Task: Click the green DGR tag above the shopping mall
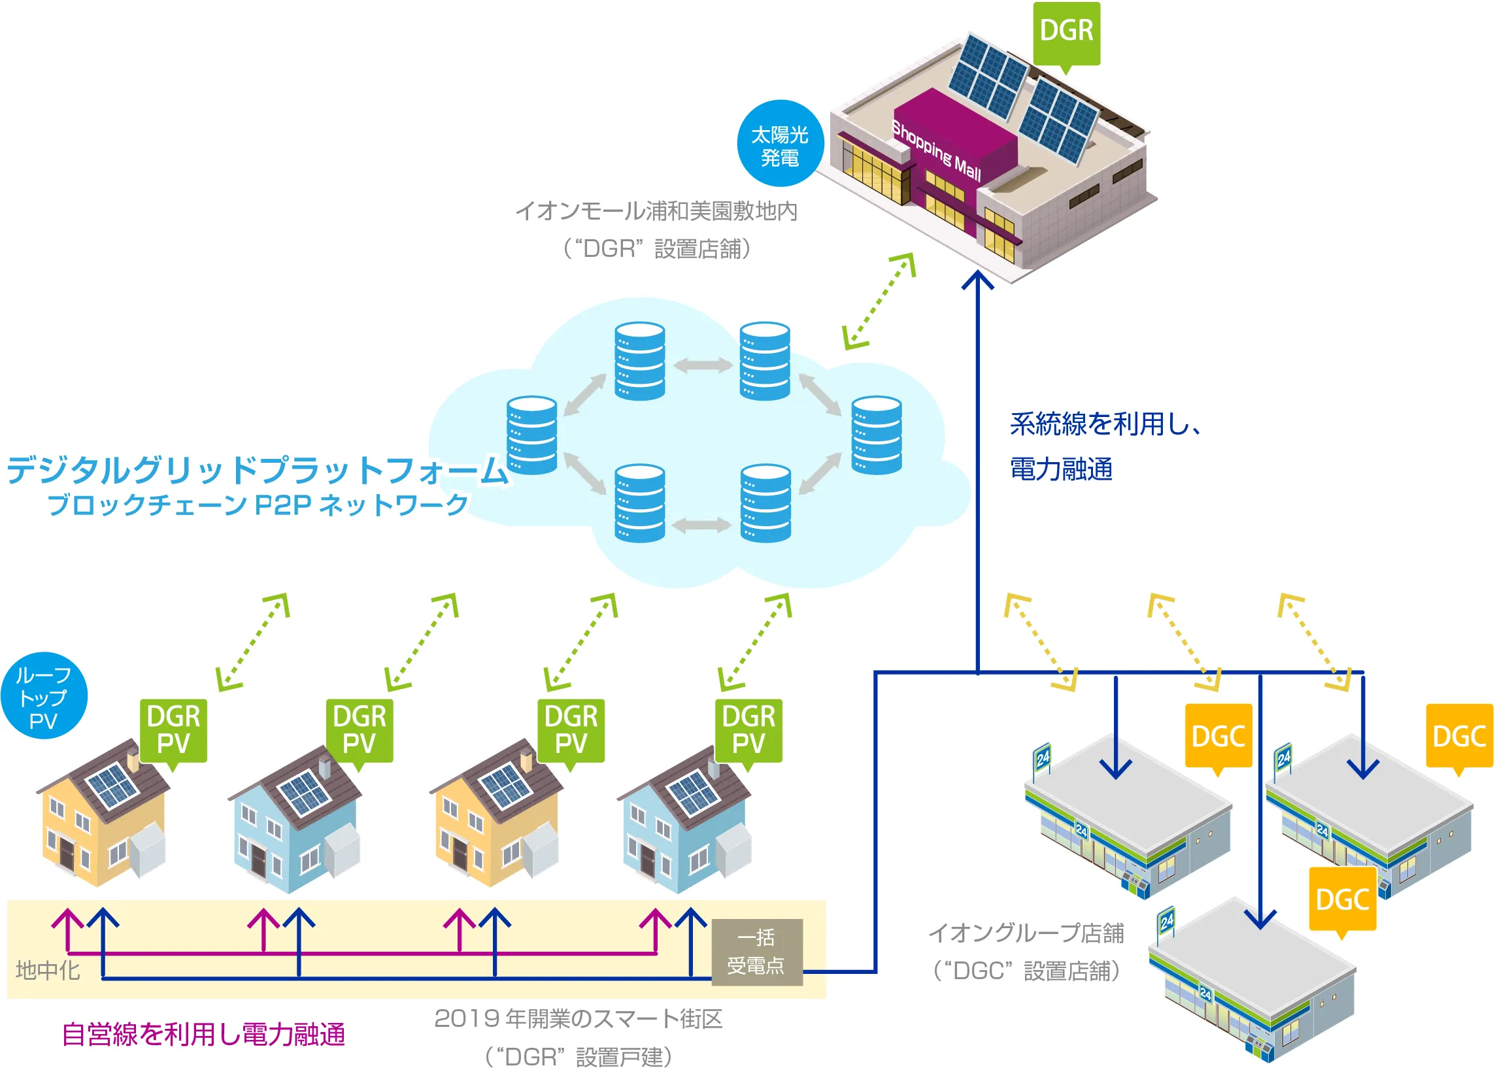(1066, 31)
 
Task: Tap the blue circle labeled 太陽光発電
(780, 144)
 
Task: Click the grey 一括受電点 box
(756, 952)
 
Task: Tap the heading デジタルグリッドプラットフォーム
(257, 470)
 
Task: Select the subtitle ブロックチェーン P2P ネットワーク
(257, 505)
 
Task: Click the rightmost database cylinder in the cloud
(877, 435)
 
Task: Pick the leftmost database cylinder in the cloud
(531, 435)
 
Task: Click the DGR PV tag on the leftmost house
(173, 730)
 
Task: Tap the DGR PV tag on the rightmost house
(748, 730)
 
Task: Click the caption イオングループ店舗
(1026, 933)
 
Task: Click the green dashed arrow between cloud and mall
(880, 301)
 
